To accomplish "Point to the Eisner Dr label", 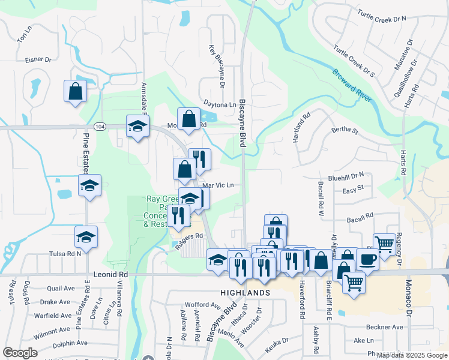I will [38, 59].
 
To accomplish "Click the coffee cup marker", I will [368, 259].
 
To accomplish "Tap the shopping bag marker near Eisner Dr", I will [76, 92].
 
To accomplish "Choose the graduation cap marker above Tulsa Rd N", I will [86, 237].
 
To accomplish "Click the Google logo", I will [20, 353].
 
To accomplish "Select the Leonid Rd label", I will [111, 274].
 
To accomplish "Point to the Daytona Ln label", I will [220, 104].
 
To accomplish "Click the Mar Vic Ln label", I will [217, 185].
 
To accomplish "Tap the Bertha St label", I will [345, 130].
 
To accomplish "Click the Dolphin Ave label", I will [71, 344].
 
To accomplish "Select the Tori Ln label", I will [23, 35].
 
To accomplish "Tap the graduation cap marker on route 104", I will [137, 127].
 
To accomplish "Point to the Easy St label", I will [353, 188].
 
